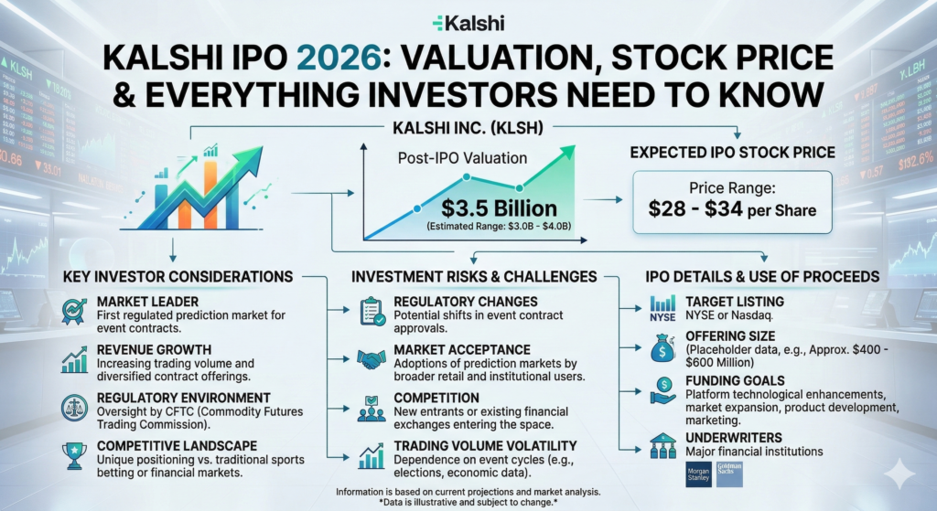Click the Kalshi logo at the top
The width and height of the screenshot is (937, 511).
[x=468, y=23]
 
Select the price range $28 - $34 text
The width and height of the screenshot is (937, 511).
[x=732, y=209]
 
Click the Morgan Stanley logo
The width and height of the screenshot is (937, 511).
[x=699, y=474]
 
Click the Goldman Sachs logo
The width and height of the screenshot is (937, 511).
[x=731, y=474]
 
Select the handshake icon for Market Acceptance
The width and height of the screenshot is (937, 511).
[x=372, y=357]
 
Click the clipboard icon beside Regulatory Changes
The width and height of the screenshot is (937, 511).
[x=372, y=311]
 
